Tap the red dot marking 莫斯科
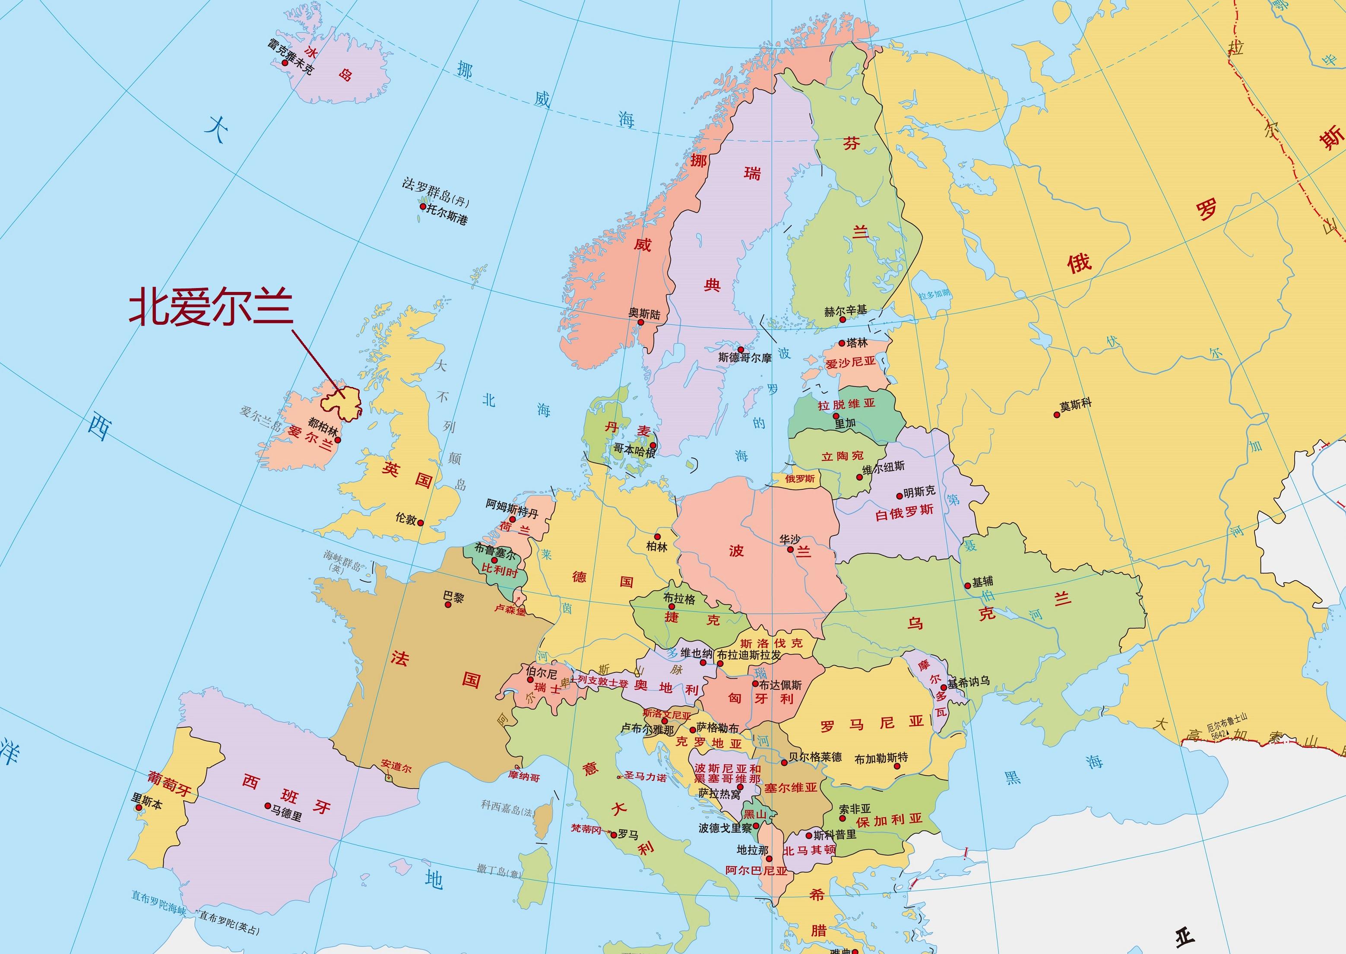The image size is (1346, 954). coord(1057,415)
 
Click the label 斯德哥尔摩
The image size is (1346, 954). coord(744,357)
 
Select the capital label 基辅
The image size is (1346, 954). coord(982,582)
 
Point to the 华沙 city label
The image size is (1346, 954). coord(790,539)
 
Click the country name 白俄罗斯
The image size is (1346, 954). coord(904,512)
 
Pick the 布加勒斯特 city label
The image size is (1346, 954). coord(881,758)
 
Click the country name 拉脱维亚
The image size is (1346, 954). coord(846,404)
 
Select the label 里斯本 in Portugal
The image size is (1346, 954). coord(147,802)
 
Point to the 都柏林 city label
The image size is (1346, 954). coord(323,427)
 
